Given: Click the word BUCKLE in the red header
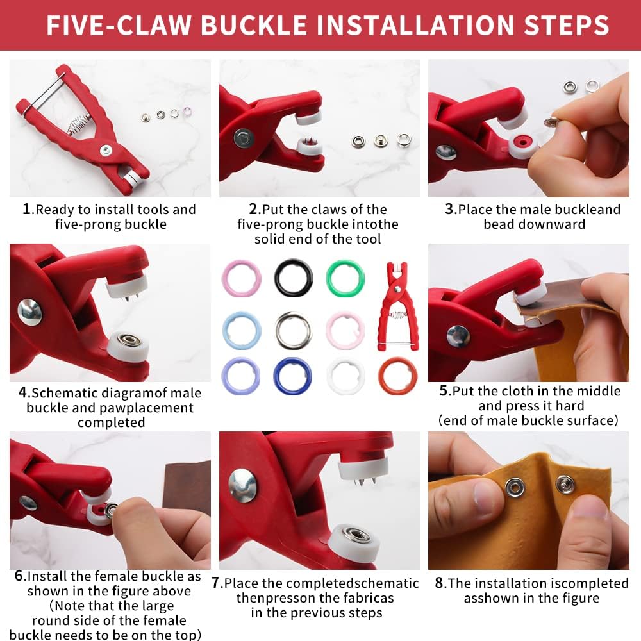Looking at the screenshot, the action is [x=253, y=25].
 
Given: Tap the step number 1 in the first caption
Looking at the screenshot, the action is [x=26, y=209].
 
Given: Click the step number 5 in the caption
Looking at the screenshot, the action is [x=444, y=390].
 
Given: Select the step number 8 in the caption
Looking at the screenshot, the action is [x=439, y=583].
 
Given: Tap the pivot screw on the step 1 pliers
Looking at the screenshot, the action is [x=106, y=151].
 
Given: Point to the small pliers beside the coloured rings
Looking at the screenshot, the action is [x=397, y=306].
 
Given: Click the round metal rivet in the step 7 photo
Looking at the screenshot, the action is [x=243, y=486].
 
